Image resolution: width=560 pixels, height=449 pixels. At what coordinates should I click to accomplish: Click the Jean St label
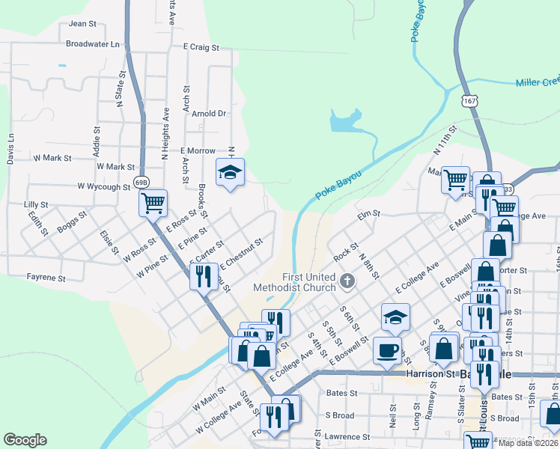82,23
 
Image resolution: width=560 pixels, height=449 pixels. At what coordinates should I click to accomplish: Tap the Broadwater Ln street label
93,43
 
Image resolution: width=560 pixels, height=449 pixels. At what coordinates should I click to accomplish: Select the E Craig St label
201,46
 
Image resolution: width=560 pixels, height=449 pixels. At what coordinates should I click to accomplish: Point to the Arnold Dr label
209,114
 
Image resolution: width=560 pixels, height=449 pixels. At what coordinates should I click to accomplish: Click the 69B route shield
141,182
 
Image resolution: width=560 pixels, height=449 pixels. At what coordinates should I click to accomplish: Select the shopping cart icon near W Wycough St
153,201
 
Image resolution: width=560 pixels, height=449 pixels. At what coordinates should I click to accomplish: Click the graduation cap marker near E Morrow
230,173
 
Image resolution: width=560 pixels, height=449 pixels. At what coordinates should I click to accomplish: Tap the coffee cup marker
387,350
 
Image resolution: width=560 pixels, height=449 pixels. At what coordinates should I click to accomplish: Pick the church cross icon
347,281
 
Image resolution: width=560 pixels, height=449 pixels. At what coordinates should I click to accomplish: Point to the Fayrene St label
46,278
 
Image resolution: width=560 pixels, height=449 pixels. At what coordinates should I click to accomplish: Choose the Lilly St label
36,204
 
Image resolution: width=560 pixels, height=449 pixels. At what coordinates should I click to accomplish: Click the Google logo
25,440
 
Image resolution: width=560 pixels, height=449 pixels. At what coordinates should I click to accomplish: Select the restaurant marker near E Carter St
202,275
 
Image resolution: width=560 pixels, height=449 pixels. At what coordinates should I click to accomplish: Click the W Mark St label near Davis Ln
52,158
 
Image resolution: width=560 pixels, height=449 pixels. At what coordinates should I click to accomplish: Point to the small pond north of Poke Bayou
345,120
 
